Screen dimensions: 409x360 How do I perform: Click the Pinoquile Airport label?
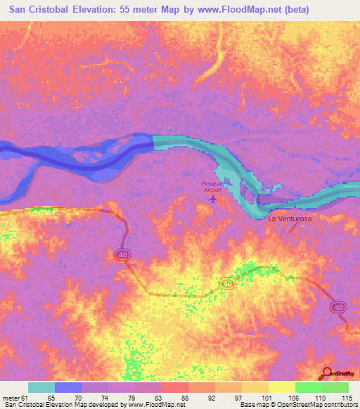(x=212, y=186)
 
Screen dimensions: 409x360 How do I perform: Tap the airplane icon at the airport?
(x=213, y=200)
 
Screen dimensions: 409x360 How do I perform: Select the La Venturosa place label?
(x=290, y=219)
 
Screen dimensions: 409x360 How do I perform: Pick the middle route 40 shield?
(x=226, y=283)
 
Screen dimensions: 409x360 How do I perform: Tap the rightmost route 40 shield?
(x=339, y=307)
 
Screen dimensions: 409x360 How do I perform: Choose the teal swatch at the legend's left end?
(x=41, y=387)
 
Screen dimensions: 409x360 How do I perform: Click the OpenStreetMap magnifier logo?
(x=328, y=372)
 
